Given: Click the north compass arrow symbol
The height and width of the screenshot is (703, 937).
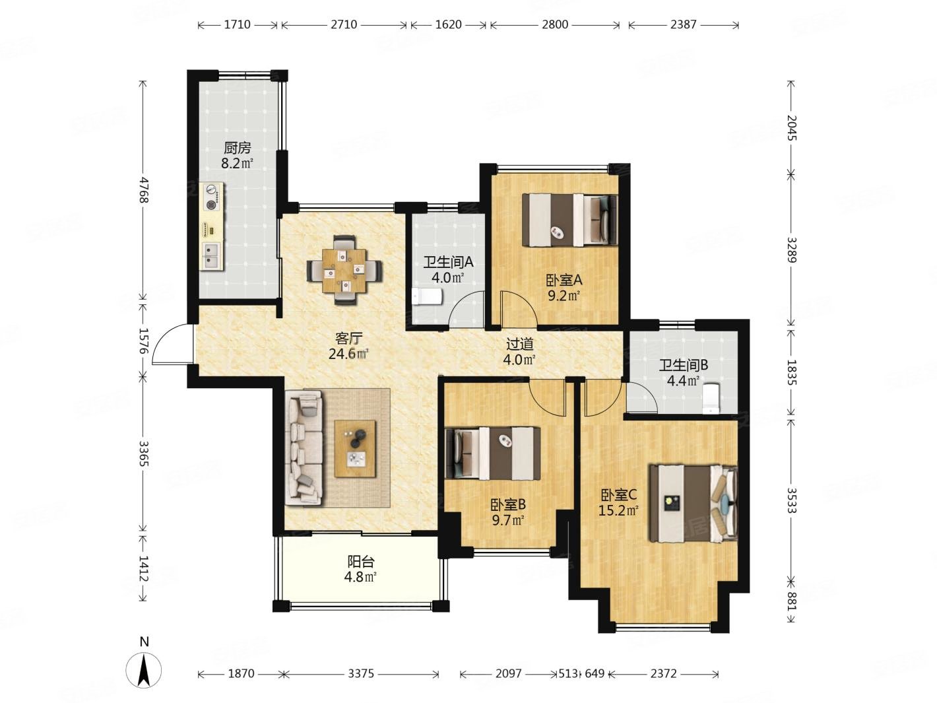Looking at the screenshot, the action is pyautogui.click(x=144, y=670).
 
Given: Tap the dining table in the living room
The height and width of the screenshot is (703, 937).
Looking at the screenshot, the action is pyautogui.click(x=344, y=271).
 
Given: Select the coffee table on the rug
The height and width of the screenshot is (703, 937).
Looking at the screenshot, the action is pyautogui.click(x=355, y=449).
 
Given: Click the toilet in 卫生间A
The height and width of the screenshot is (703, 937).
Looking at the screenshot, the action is pyautogui.click(x=428, y=296).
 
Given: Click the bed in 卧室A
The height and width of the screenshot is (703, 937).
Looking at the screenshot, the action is pyautogui.click(x=570, y=220).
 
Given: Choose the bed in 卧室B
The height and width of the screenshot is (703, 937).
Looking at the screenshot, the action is pyautogui.click(x=493, y=453).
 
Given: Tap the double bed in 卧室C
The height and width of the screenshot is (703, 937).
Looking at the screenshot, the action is pyautogui.click(x=694, y=504).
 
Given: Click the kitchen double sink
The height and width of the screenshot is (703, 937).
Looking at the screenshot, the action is pyautogui.click(x=212, y=256).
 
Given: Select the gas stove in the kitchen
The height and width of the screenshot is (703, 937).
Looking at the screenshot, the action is pyautogui.click(x=212, y=197).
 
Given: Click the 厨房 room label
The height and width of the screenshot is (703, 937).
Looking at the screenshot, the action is pyautogui.click(x=238, y=148).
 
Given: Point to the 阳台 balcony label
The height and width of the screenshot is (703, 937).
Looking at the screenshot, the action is pyautogui.click(x=360, y=562).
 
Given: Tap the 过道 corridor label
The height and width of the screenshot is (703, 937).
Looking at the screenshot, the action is pyautogui.click(x=519, y=344).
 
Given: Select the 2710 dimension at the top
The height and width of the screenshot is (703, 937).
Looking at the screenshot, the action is pyautogui.click(x=344, y=25).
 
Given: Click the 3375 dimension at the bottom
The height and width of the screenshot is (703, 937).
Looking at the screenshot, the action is pyautogui.click(x=361, y=673).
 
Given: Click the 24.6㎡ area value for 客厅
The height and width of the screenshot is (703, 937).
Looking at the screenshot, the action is pyautogui.click(x=349, y=354).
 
